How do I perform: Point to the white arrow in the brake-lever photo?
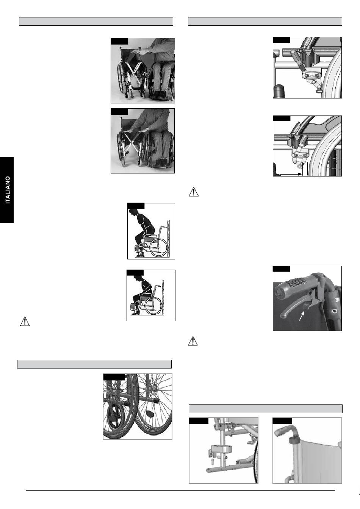click(302, 315)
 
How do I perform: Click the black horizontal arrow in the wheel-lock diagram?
click(291, 174)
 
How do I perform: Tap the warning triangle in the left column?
click(25, 321)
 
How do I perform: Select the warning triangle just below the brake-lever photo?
click(193, 341)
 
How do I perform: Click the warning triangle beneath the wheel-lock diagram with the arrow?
click(194, 192)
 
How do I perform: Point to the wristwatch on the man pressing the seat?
click(147, 129)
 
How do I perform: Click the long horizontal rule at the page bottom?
click(180, 490)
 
